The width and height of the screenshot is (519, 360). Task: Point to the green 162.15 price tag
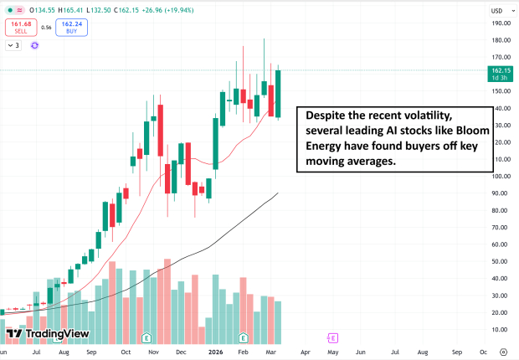click(501, 74)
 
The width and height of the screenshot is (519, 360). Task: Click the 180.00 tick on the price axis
click(501, 40)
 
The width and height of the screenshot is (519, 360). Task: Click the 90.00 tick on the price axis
click(501, 193)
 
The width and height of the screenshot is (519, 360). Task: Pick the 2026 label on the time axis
click(215, 353)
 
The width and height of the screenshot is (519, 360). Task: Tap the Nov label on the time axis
click(155, 353)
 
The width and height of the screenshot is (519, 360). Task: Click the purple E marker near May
click(333, 338)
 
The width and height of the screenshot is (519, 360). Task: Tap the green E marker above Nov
click(146, 338)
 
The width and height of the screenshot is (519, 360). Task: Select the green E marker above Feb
click(244, 338)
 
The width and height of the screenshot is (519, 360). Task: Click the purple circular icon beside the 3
click(35, 45)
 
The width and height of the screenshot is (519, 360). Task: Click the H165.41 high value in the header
click(71, 10)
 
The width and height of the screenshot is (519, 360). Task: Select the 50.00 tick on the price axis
click(501, 261)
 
